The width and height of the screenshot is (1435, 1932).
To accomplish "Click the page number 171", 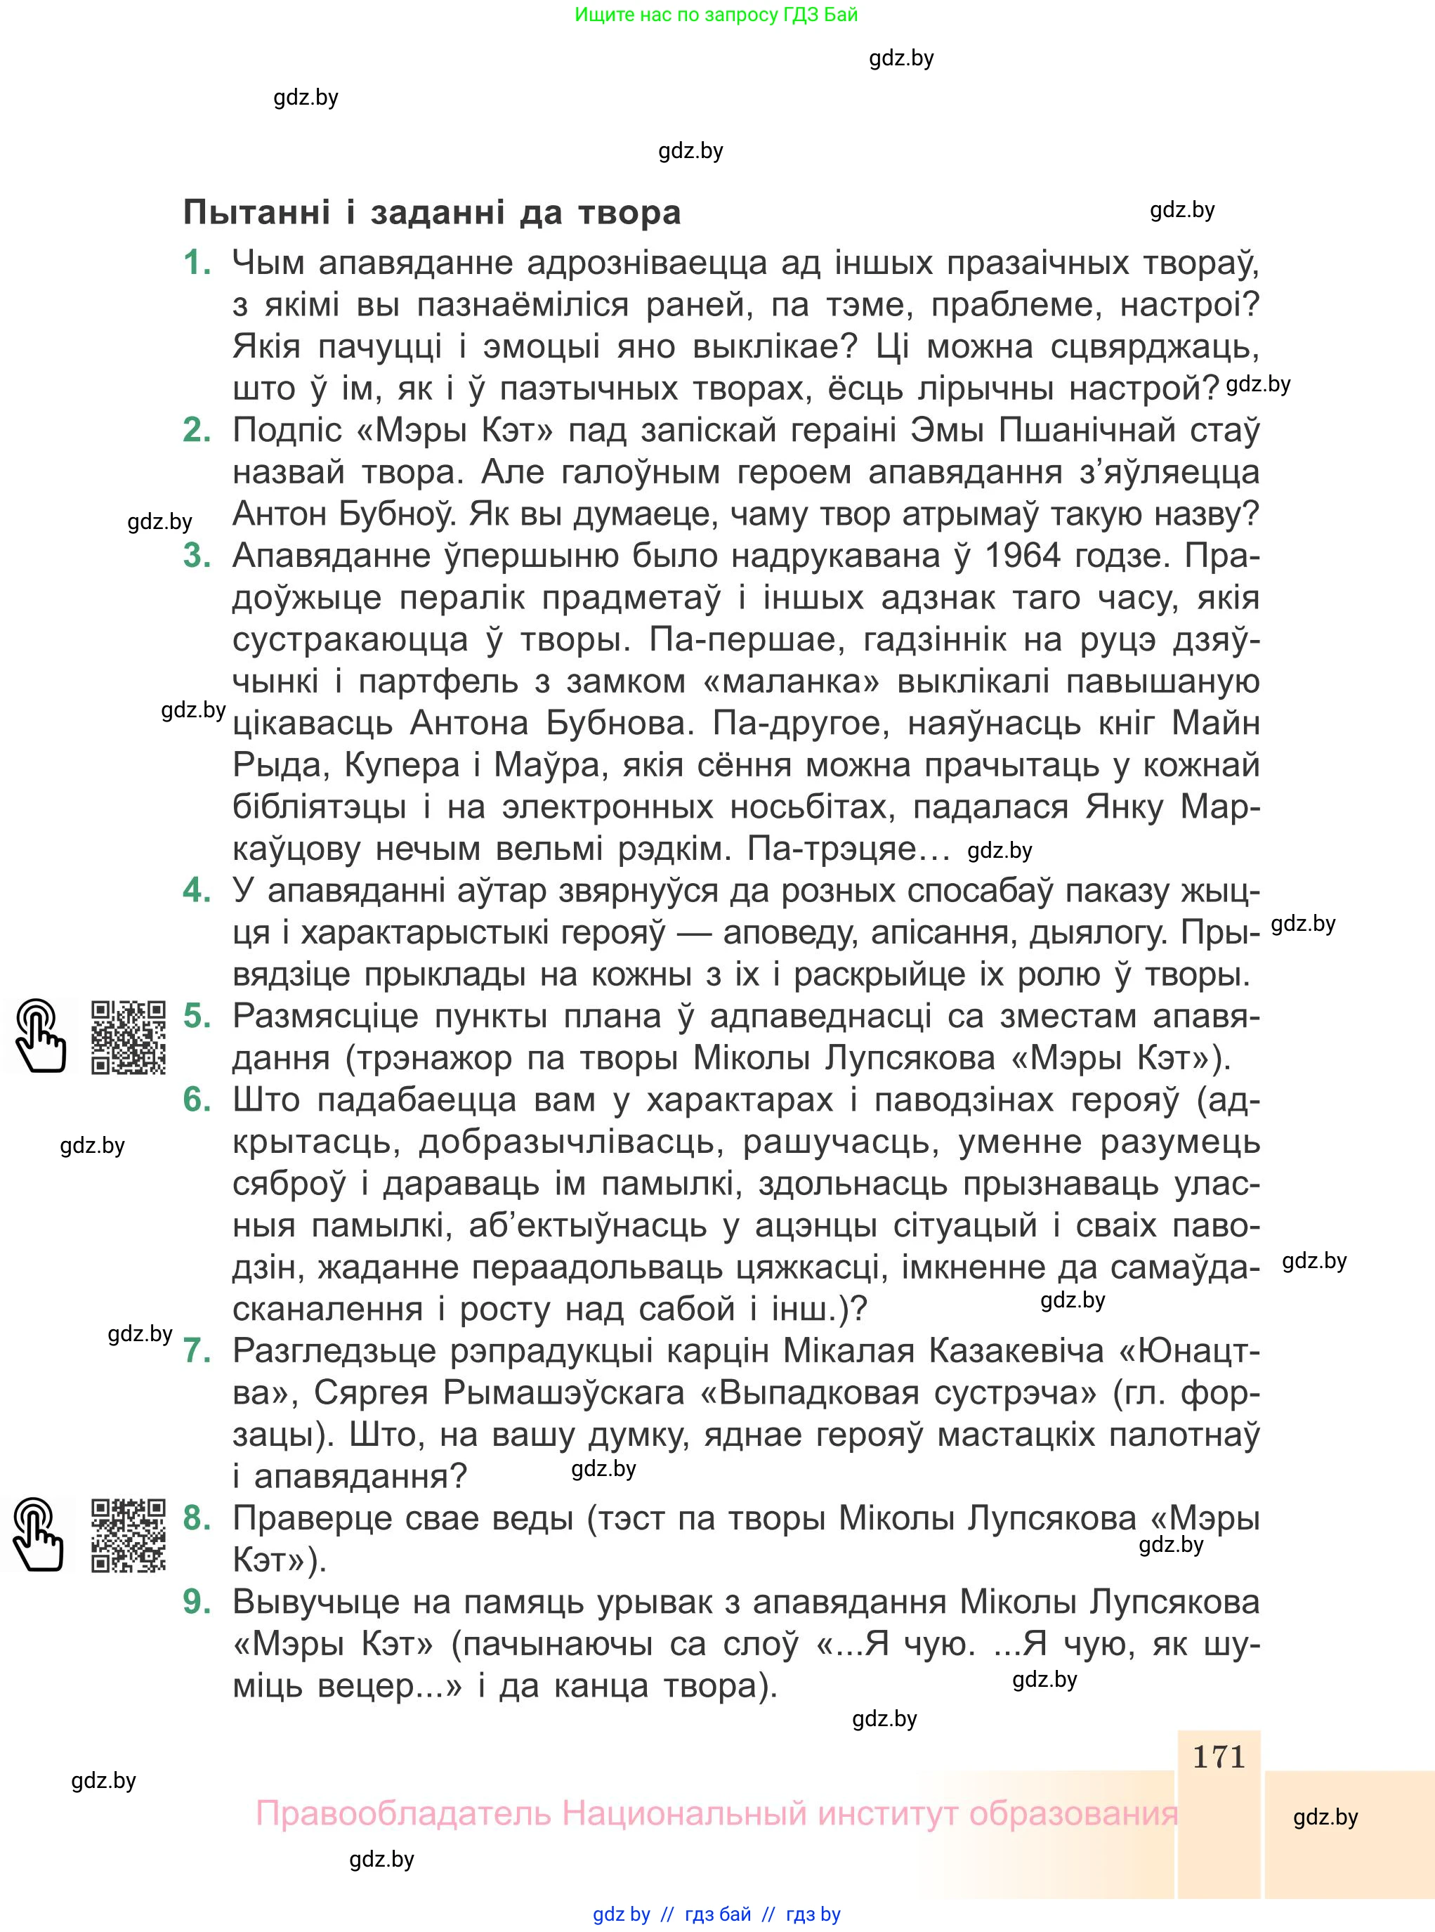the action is pyautogui.click(x=1219, y=1756).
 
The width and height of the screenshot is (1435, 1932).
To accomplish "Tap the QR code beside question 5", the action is pyautogui.click(x=129, y=1038).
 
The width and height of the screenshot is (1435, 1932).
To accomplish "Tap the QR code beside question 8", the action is pyautogui.click(x=129, y=1535).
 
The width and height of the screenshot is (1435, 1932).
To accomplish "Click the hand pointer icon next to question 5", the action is pyautogui.click(x=38, y=1037).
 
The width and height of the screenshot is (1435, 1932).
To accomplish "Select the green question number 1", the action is pyautogui.click(x=197, y=262).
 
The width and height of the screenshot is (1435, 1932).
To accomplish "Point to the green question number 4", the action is pyautogui.click(x=197, y=890).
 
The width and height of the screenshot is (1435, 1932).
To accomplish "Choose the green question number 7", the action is pyautogui.click(x=197, y=1351).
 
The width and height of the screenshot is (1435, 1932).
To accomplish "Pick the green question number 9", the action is pyautogui.click(x=197, y=1602).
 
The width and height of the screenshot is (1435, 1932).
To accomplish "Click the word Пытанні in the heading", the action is pyautogui.click(x=257, y=213).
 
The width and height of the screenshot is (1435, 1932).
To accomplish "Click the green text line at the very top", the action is pyautogui.click(x=716, y=15).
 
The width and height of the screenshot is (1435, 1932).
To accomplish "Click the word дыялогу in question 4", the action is pyautogui.click(x=1097, y=933).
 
